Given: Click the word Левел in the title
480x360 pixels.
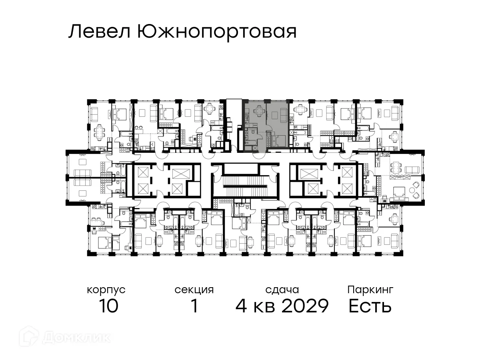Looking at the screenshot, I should point(100,32).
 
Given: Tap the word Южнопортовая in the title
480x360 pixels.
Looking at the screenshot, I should point(216,32).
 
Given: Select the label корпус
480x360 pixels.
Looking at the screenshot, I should point(106,290).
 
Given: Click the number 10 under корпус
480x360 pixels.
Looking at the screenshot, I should point(108,306).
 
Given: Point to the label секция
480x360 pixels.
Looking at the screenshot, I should point(194,290).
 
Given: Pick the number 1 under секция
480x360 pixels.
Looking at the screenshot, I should point(194,306).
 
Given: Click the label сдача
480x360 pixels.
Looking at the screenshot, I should point(282,290).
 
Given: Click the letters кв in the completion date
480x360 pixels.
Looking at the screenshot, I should point(264,306).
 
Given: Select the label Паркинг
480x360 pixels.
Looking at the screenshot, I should point(370,290).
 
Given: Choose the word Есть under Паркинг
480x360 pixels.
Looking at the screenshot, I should point(370,306).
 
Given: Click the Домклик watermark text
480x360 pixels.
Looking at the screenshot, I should point(76,337).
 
